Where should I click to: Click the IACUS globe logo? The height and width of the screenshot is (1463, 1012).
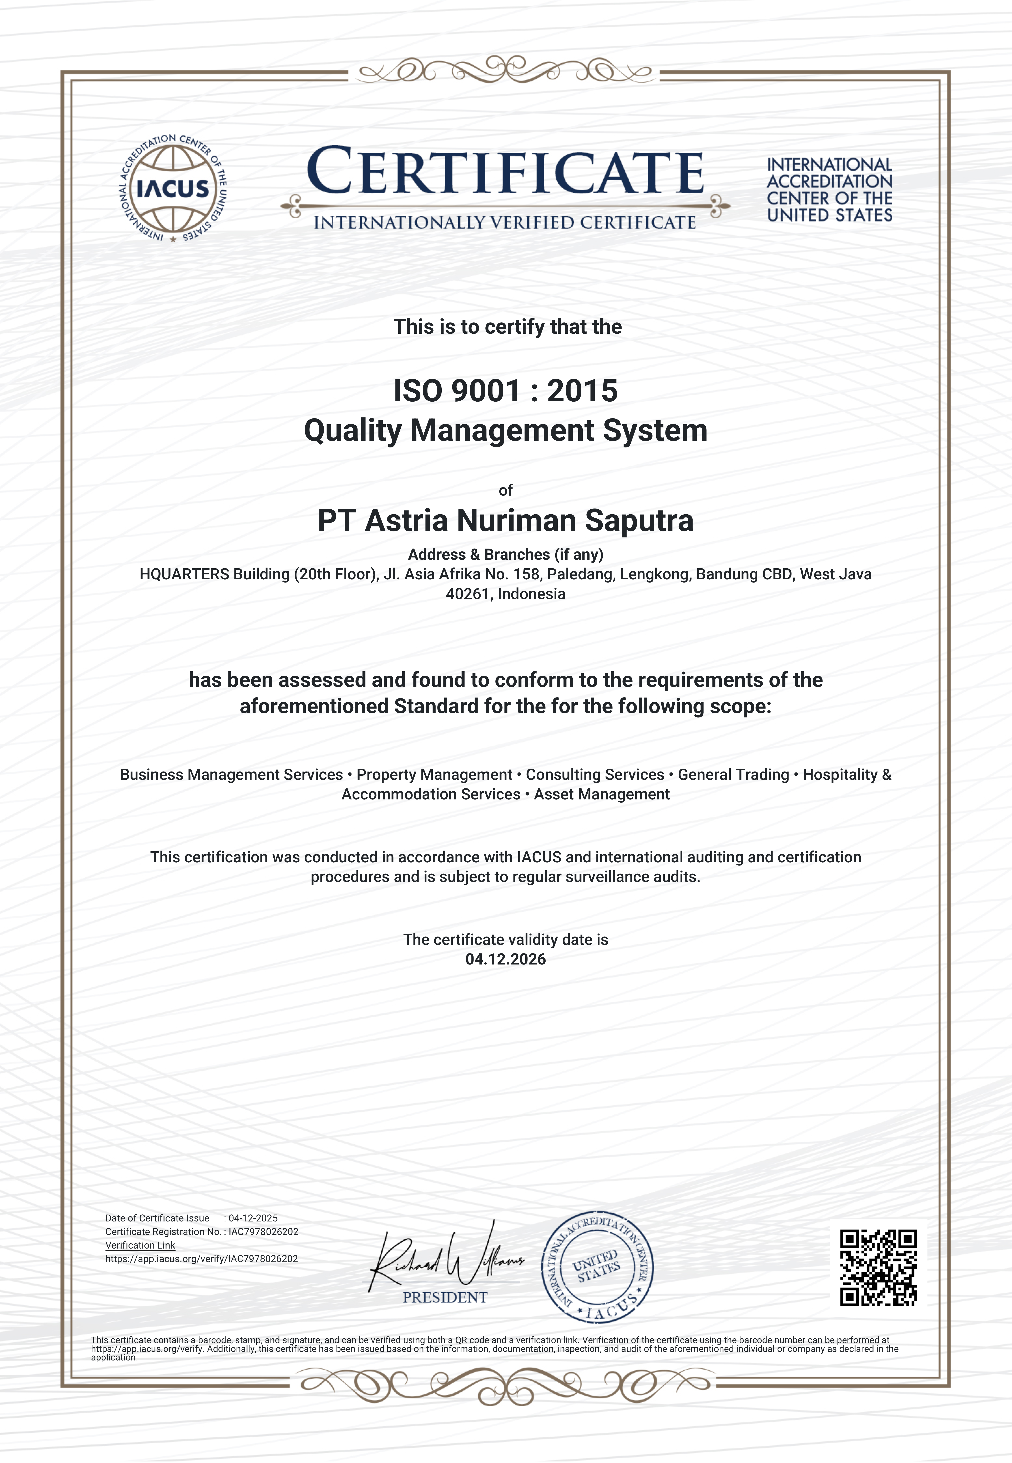(173, 188)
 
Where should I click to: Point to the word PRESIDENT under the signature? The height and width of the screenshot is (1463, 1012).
(445, 1297)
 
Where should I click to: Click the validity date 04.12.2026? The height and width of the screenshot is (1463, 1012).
(505, 959)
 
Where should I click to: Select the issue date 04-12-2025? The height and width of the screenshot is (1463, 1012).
(253, 1218)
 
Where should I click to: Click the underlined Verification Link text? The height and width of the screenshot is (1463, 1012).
(140, 1245)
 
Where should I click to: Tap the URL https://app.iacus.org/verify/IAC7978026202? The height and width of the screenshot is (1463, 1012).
(202, 1259)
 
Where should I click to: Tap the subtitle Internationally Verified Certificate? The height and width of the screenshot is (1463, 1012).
(505, 223)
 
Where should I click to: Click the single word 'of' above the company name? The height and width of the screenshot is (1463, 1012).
(505, 490)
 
